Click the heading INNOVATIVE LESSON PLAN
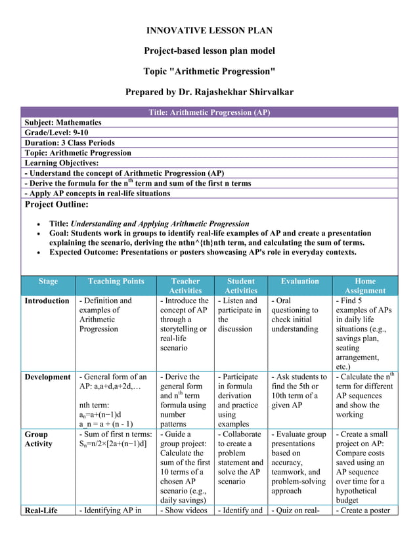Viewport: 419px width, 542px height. tap(209, 31)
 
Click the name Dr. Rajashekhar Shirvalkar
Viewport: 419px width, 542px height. tap(237, 92)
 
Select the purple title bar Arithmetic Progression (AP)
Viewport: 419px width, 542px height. tap(209, 112)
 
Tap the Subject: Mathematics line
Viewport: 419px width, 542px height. tap(63, 123)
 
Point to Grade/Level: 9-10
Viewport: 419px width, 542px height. tap(56, 133)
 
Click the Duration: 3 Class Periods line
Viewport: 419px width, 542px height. tap(70, 142)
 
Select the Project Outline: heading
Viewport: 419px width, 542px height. tap(56, 204)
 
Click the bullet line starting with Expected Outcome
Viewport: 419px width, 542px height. tap(203, 252)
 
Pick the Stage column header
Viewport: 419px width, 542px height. tap(48, 281)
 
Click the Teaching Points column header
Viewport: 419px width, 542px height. tap(116, 281)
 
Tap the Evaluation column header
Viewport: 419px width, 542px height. tap(299, 281)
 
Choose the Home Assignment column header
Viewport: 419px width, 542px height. tap(364, 285)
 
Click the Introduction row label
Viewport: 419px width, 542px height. tap(47, 301)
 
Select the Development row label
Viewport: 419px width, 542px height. tap(47, 377)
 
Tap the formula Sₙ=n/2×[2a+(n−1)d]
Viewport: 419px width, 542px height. tap(112, 444)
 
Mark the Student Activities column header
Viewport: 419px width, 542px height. tap(241, 285)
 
